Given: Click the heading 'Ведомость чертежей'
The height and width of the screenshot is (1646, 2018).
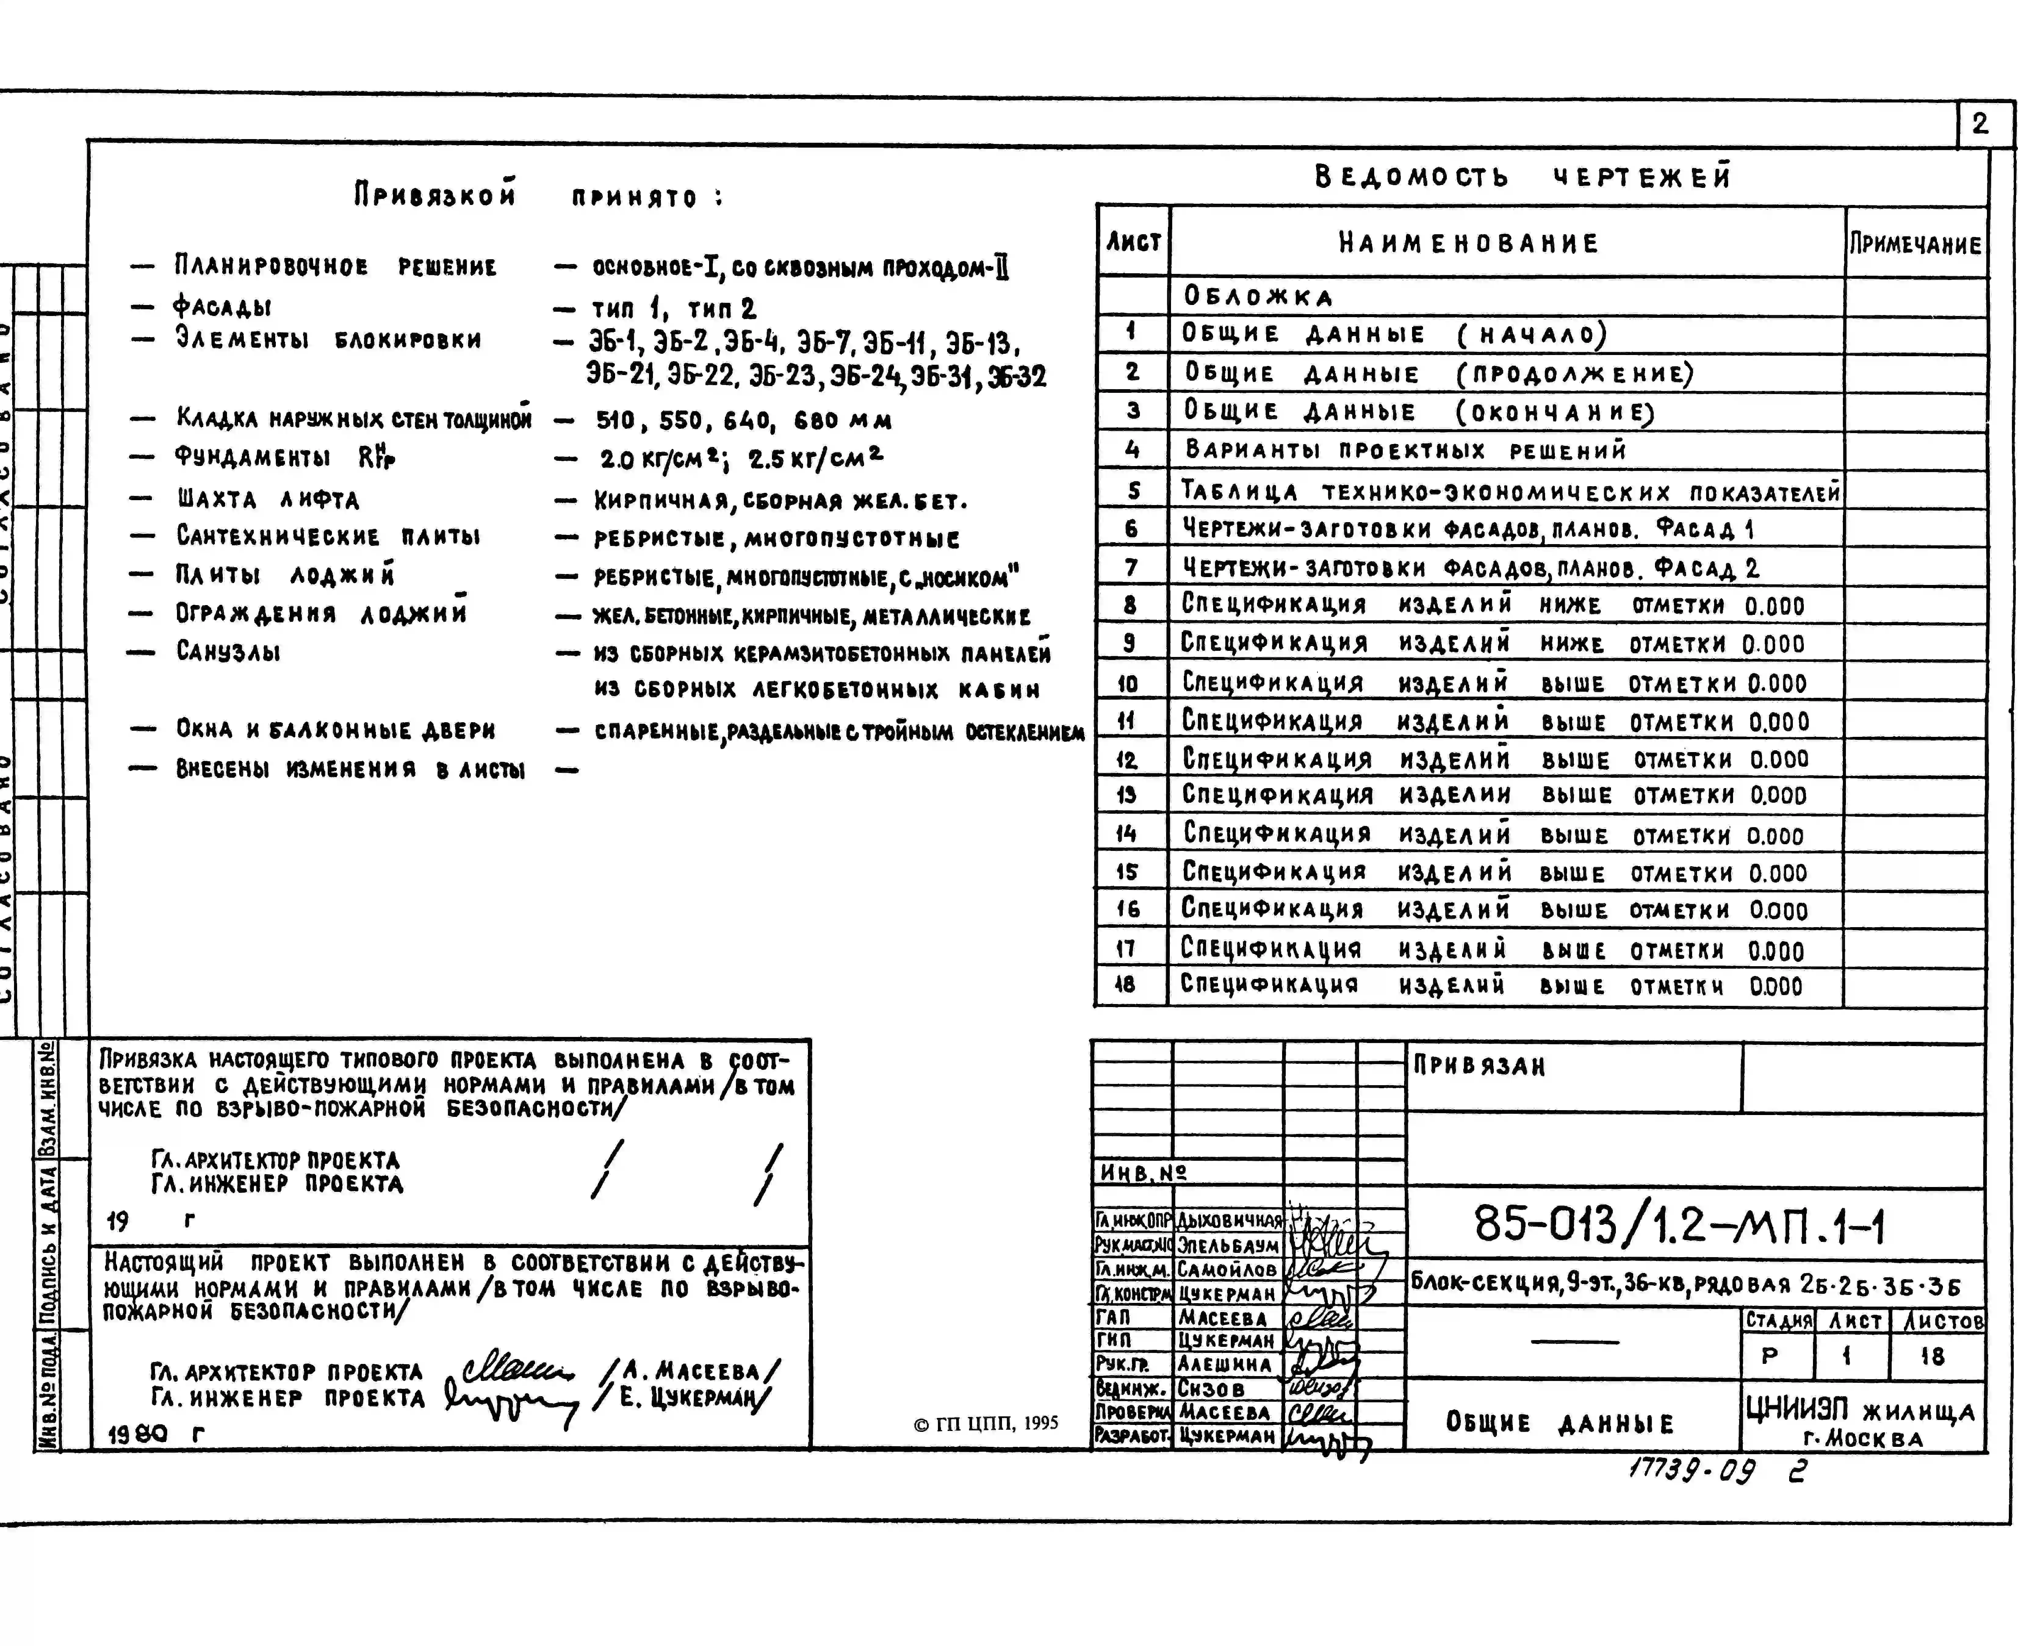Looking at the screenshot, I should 1523,176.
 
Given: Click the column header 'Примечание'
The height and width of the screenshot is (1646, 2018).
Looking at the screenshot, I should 1915,244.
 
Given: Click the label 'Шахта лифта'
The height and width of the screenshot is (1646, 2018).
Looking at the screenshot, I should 267,499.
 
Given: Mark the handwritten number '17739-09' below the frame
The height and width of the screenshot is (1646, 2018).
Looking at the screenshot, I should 1691,1471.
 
